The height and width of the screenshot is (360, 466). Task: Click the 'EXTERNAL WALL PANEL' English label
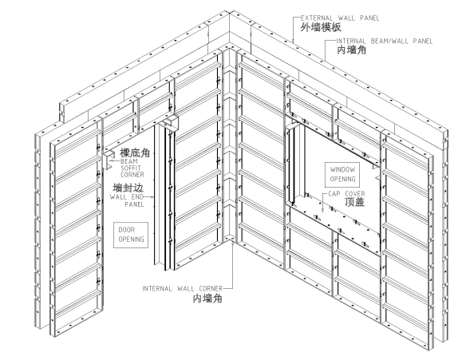[340, 18]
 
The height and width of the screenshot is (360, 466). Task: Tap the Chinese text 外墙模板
[321, 27]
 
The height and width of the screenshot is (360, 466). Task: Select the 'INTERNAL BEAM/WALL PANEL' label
[385, 41]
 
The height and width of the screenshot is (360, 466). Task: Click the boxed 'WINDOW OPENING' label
[342, 174]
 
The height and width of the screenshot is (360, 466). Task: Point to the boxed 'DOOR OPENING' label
[131, 235]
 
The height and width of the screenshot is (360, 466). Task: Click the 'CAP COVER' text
[346, 194]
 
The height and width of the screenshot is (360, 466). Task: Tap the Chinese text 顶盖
[354, 202]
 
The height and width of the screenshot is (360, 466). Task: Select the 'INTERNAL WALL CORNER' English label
[182, 288]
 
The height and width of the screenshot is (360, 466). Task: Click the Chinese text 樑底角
[135, 152]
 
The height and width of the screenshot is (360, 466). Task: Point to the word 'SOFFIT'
[131, 168]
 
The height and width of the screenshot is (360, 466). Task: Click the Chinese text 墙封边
[128, 188]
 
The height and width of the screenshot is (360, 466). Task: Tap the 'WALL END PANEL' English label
[127, 200]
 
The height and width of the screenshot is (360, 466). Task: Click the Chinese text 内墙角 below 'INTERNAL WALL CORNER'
[207, 299]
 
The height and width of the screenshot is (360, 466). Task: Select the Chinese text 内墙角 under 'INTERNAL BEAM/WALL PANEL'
[352, 50]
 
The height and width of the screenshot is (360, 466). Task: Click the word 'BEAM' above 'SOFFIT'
[129, 161]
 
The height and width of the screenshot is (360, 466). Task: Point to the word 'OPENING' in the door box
[131, 239]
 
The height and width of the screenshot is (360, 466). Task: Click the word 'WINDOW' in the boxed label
[342, 169]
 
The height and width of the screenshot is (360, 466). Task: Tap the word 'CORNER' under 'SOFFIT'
[132, 175]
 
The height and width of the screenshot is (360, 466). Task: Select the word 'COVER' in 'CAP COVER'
[355, 194]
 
